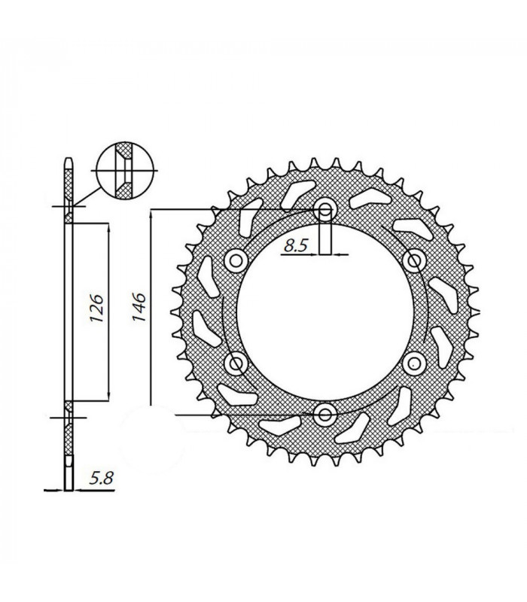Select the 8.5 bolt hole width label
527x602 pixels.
click(x=297, y=244)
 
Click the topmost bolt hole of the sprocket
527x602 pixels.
click(x=325, y=211)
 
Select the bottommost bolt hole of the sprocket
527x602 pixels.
click(x=325, y=413)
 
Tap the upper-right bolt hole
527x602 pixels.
click(x=413, y=260)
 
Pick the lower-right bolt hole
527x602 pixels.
click(x=413, y=363)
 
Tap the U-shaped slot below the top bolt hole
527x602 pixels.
click(x=325, y=235)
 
